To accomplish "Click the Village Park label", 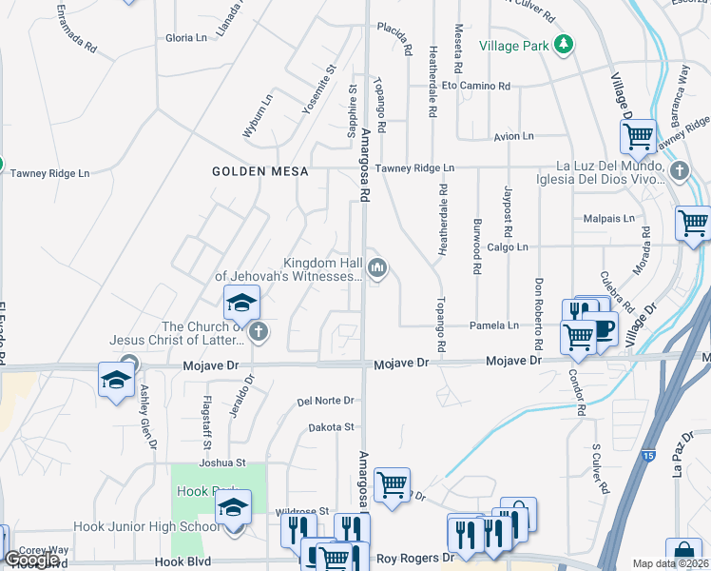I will click(x=514, y=45).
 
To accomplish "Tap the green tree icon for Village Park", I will click(x=564, y=44).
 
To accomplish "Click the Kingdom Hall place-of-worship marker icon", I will click(x=377, y=268).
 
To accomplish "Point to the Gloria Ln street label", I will click(x=186, y=38).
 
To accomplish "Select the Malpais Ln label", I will click(x=608, y=218).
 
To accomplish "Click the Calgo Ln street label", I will click(x=507, y=246).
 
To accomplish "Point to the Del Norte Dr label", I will click(x=325, y=401).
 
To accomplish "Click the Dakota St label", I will click(x=331, y=427).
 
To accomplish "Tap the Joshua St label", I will click(x=222, y=463).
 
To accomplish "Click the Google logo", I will click(x=31, y=560).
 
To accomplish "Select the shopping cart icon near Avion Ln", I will click(x=638, y=136).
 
